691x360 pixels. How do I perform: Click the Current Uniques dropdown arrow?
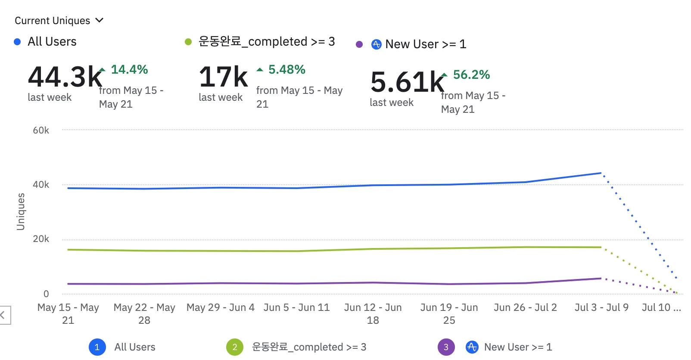(100, 20)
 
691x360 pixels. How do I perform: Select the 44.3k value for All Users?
(65, 77)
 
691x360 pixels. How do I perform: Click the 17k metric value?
(223, 77)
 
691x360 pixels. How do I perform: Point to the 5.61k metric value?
(407, 82)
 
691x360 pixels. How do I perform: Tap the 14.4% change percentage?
(129, 69)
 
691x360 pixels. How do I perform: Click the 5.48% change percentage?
(286, 69)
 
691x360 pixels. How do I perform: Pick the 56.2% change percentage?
(471, 74)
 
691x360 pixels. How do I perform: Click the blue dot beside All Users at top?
(17, 42)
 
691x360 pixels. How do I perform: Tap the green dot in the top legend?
(188, 42)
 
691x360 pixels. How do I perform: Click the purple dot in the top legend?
(359, 44)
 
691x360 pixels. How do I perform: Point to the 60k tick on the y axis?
(41, 130)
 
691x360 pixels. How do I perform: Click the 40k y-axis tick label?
(41, 184)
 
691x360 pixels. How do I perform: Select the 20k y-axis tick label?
(41, 239)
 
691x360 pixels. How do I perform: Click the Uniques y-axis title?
(21, 211)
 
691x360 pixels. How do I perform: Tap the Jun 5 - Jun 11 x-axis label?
(296, 307)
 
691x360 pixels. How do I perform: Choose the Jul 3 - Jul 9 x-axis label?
(601, 307)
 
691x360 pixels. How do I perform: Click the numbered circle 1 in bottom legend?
(97, 347)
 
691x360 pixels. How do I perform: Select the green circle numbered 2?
(235, 347)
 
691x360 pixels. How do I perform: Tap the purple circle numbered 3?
(446, 347)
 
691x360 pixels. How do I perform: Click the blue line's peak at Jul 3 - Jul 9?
(601, 173)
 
